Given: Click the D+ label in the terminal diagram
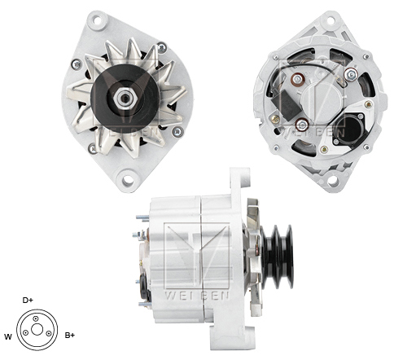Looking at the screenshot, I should coord(28,300).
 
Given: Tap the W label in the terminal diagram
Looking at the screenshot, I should coord(8,336).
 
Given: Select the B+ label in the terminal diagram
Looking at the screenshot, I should coord(69,335).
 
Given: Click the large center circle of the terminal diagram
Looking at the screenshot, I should coord(37,330).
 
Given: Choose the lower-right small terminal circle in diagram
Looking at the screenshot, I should coord(50,333).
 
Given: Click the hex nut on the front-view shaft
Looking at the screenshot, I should coord(125,97).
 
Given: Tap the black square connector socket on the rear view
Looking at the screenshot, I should coord(348,128).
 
